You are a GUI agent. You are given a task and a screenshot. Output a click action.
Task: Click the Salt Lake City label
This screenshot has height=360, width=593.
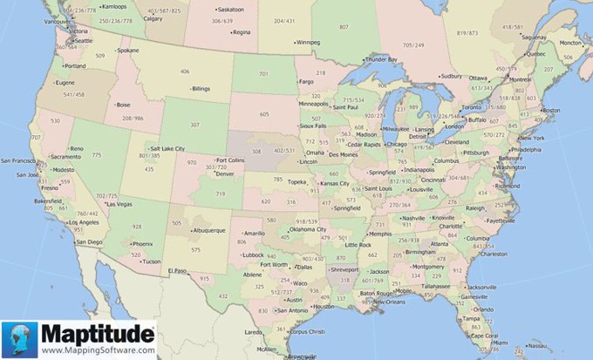pyautogui.click(x=167, y=149)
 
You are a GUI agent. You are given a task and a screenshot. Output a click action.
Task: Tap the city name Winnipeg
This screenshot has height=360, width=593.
pyautogui.click(x=308, y=41)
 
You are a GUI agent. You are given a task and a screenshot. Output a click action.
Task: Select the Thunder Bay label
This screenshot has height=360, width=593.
pyautogui.click(x=381, y=59)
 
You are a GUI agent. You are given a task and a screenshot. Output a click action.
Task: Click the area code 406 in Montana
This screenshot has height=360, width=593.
pyautogui.click(x=185, y=71)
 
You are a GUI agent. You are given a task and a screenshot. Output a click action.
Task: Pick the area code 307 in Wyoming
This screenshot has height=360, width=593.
pyautogui.click(x=194, y=125)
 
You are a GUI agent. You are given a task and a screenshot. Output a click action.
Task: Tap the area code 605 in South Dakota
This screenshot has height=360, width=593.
pyautogui.click(x=264, y=114)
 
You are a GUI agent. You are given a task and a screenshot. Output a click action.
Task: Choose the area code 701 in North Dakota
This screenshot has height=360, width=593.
pyautogui.click(x=263, y=75)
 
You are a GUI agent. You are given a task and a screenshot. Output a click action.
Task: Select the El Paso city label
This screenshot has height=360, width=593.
pyautogui.click(x=179, y=271)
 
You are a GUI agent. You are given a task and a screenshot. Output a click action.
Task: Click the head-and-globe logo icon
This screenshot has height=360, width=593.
pyautogui.click(x=19, y=340)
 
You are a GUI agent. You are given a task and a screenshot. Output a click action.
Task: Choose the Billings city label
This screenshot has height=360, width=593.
pyautogui.click(x=201, y=89)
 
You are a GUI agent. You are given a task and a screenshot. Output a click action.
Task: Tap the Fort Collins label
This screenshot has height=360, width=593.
pyautogui.click(x=230, y=160)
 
